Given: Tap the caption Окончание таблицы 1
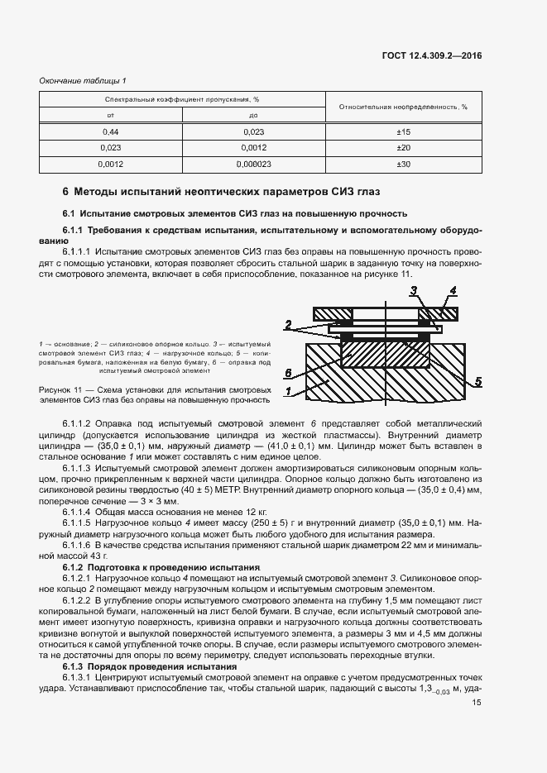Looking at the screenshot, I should click(x=83, y=80).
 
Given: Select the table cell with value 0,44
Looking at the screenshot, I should click(x=109, y=132).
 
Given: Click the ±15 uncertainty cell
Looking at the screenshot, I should click(x=403, y=132).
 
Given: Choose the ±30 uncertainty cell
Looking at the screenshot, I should click(x=403, y=165).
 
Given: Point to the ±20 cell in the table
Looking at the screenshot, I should click(x=403, y=148).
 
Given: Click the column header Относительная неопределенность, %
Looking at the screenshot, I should click(x=403, y=107).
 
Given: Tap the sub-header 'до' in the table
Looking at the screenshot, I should click(x=252, y=115).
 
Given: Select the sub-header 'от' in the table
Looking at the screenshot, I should click(x=109, y=115).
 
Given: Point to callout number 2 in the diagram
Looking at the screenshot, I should click(x=288, y=322).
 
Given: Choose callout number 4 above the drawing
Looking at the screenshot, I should click(x=453, y=290).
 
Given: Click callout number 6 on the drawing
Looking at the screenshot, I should click(x=288, y=373).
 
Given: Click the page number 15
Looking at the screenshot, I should click(x=476, y=703).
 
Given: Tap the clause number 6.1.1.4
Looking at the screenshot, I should click(x=79, y=513).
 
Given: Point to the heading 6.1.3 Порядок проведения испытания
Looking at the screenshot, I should click(x=150, y=666).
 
